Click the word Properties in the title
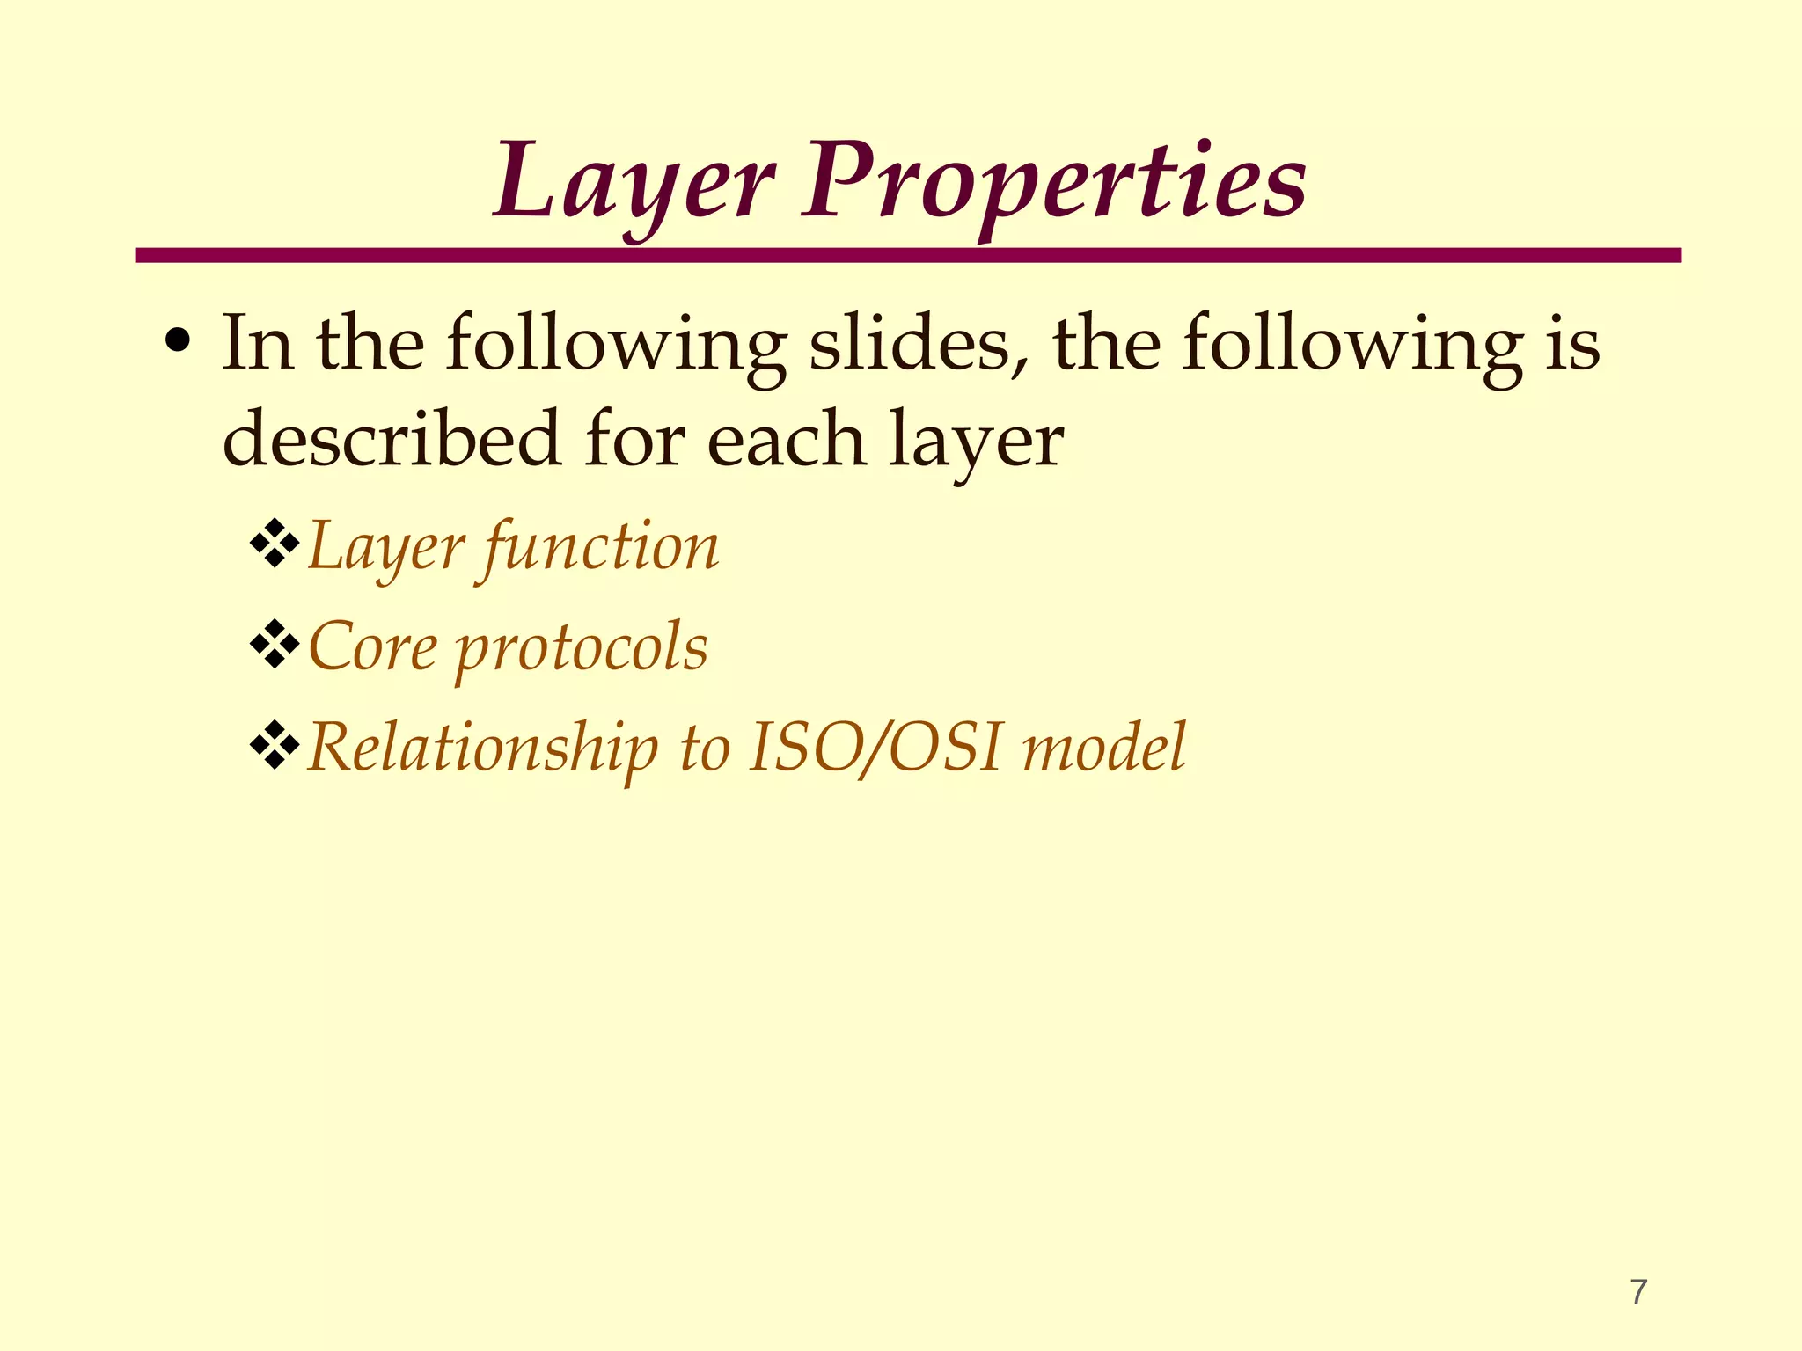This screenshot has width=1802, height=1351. click(x=1053, y=183)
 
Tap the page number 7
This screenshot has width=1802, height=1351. click(x=1638, y=1292)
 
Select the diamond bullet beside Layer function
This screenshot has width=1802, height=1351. click(x=275, y=544)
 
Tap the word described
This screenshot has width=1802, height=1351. click(x=392, y=439)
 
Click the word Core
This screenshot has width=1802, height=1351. click(x=372, y=646)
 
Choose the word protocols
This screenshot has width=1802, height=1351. click(x=582, y=648)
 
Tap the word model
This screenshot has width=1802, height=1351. click(x=1104, y=748)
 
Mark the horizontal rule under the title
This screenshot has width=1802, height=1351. click(x=907, y=255)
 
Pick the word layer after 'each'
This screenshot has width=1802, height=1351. click(x=976, y=441)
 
